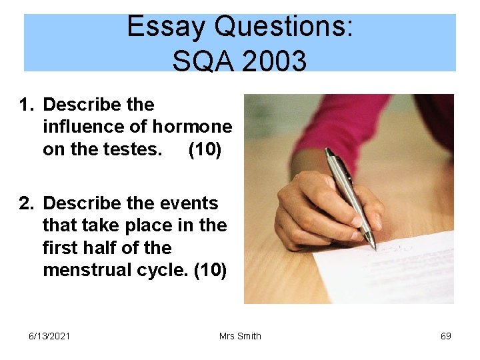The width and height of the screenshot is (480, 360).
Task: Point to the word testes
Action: click(x=132, y=149)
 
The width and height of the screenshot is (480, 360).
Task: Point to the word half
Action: click(x=100, y=248)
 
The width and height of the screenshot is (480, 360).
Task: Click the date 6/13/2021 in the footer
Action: click(x=49, y=336)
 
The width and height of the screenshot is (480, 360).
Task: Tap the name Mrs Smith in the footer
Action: click(x=240, y=336)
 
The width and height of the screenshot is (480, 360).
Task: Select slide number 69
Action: click(x=446, y=336)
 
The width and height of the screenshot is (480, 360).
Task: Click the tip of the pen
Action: click(x=375, y=249)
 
